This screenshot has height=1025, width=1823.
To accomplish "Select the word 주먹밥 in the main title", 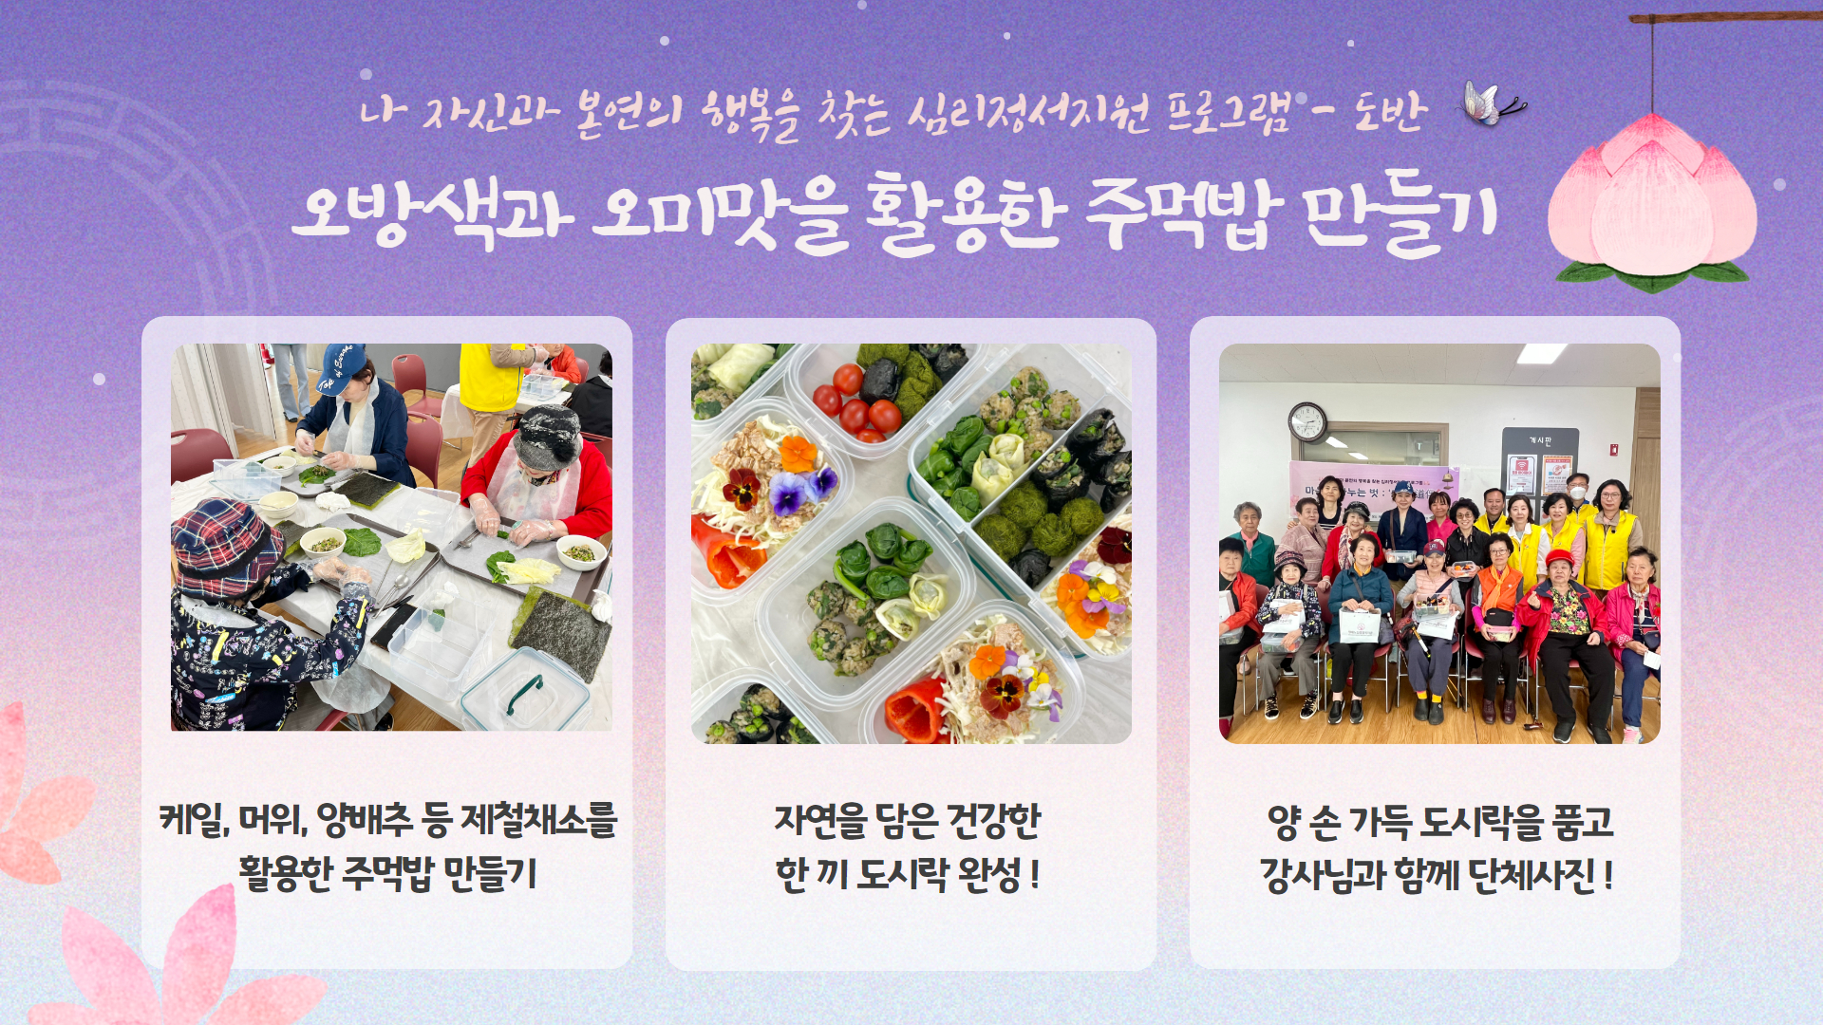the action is pyautogui.click(x=1183, y=214).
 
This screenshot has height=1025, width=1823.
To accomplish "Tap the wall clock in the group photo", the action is pyautogui.click(x=1307, y=421).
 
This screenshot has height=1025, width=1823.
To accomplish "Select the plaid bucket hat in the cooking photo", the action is pyautogui.click(x=226, y=546).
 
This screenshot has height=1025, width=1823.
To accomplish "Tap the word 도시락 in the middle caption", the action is pyautogui.click(x=902, y=874).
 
